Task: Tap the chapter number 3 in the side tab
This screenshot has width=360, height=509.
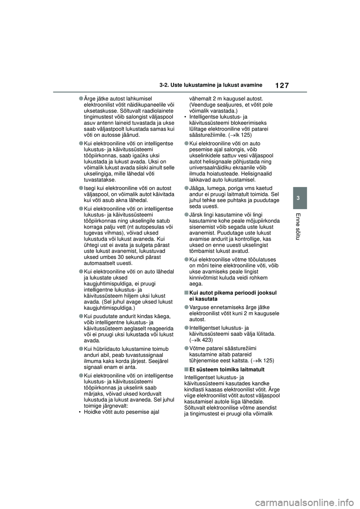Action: click(299, 198)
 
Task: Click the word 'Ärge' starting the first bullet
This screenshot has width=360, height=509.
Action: click(90, 99)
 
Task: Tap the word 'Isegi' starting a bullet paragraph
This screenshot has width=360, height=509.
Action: click(90, 188)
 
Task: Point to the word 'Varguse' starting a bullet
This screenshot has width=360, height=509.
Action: click(199, 307)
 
